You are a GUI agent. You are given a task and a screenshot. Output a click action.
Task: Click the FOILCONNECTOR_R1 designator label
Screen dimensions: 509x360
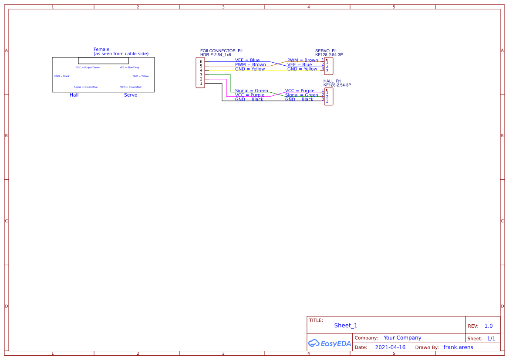[x=221, y=51]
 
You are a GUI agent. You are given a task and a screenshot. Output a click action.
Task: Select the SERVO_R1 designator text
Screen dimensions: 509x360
[x=326, y=51]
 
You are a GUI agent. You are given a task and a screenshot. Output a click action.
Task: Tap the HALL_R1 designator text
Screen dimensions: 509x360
[x=332, y=81]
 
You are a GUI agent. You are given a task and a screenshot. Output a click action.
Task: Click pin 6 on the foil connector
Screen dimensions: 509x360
[x=201, y=62]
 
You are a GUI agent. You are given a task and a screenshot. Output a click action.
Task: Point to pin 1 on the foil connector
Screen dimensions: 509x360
[x=201, y=84]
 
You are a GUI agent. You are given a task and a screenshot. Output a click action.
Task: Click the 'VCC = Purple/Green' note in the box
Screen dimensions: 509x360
[x=88, y=67]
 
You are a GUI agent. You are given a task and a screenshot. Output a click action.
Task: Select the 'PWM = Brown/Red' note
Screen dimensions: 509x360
[x=131, y=87]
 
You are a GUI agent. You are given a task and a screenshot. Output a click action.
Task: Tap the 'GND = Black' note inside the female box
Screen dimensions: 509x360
[x=62, y=76]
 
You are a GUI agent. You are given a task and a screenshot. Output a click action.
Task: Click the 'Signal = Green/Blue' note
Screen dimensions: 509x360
[x=86, y=87]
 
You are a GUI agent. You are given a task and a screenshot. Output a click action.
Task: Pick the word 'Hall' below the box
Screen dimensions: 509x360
[x=74, y=95]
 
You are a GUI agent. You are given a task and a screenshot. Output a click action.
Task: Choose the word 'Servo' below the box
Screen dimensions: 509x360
[x=131, y=95]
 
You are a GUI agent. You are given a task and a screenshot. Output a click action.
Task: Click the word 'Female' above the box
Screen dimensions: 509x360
[x=101, y=50]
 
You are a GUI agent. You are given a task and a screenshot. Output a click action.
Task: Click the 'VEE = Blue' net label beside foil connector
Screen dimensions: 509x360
[x=247, y=60]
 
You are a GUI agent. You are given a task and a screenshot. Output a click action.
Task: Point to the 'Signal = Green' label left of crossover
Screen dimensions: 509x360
[x=252, y=91]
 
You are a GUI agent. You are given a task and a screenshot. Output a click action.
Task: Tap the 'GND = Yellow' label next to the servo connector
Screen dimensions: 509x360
[x=302, y=69]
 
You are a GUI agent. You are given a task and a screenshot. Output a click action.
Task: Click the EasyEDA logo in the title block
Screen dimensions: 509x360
[x=329, y=343]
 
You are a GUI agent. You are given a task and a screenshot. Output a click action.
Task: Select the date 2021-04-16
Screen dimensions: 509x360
[x=390, y=347]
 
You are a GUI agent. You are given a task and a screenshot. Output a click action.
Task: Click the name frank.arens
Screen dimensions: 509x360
[x=458, y=347]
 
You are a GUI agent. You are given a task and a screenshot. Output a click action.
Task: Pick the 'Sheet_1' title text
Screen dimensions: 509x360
[x=346, y=326]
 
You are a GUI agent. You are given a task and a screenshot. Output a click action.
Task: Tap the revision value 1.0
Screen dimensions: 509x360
[x=489, y=326]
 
